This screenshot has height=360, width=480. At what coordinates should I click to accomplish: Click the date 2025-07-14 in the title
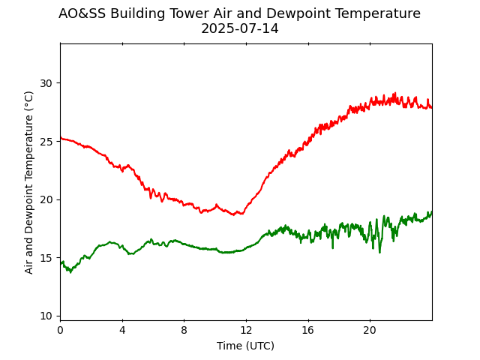coord(239,29)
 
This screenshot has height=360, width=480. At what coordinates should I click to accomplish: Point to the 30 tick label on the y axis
coord(46,83)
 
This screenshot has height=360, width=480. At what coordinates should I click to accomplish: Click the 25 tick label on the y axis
coord(46,141)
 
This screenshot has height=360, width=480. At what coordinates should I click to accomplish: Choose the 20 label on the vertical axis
coord(46,199)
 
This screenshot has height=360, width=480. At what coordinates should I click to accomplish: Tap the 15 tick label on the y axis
coord(46,258)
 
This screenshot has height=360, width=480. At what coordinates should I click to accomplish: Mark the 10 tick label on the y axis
coord(46,316)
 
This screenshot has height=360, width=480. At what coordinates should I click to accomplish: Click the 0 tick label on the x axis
coord(60,330)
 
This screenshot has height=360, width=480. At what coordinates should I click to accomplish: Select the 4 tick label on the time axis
coord(122,330)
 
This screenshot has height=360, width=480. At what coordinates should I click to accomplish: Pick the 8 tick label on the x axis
coord(184,330)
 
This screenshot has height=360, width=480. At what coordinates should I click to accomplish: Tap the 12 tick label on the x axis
coord(246,330)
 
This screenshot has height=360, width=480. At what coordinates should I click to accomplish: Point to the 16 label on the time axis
coord(307,330)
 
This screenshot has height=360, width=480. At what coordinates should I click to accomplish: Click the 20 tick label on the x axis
coord(370,330)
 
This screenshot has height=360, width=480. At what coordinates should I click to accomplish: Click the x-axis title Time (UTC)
coord(245,346)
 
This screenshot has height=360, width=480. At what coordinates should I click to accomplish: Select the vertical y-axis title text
coord(29,182)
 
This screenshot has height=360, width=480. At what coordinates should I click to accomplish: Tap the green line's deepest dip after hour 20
coord(379,252)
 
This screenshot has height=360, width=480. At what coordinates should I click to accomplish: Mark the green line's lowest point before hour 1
coord(70,272)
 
